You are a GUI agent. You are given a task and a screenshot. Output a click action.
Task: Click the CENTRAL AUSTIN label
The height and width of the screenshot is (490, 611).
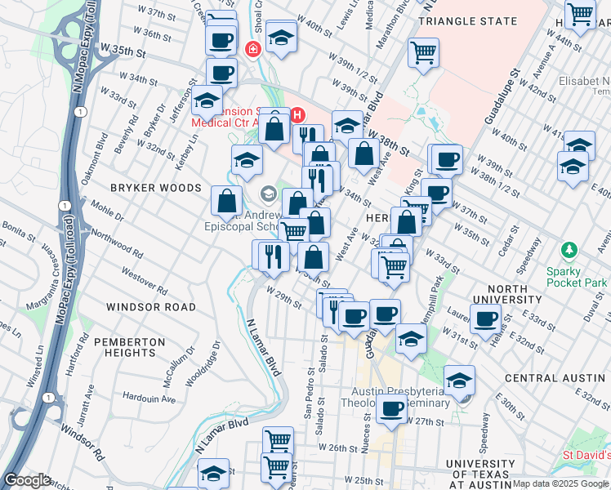pyautogui.click(x=555, y=378)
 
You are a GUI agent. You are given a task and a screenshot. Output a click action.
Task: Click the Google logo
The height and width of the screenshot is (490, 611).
pyautogui.click(x=28, y=480)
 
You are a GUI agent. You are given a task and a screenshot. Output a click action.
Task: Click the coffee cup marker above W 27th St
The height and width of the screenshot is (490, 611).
pyautogui.click(x=393, y=408)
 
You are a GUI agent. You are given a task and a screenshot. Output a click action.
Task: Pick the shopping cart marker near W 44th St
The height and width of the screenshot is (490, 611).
pyautogui.click(x=581, y=14)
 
